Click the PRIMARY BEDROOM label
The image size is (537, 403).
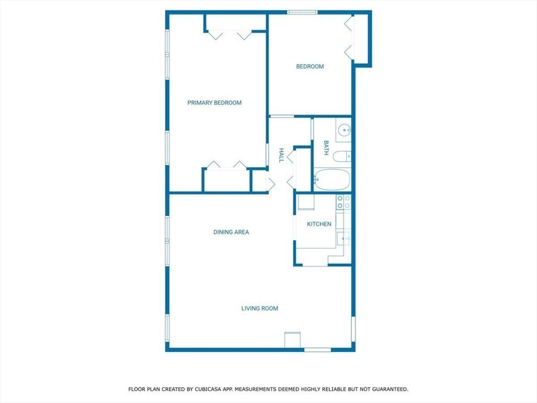(214, 102)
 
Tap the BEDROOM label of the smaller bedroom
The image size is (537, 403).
(310, 67)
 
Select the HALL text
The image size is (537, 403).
(281, 155)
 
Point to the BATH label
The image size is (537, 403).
(326, 147)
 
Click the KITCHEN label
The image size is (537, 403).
(319, 224)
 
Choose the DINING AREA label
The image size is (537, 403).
(231, 232)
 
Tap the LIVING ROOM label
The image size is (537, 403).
(260, 309)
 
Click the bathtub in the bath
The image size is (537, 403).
(332, 179)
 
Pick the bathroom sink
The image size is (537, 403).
(343, 130)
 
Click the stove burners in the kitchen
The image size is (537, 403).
(343, 202)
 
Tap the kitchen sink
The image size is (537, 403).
(343, 239)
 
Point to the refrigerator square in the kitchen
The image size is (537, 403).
(306, 202)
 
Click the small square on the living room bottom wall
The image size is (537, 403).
(293, 340)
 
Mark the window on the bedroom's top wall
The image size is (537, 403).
(303, 13)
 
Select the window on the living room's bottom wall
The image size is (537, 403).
(317, 350)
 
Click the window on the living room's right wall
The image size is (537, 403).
(353, 328)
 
